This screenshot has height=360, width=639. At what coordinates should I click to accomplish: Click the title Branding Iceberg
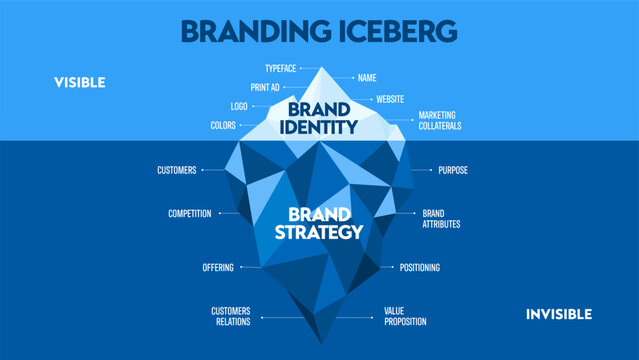pyautogui.click(x=319, y=30)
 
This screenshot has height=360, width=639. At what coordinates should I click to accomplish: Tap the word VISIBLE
pyautogui.click(x=79, y=82)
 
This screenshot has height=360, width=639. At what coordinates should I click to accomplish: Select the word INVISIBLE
pyautogui.click(x=559, y=314)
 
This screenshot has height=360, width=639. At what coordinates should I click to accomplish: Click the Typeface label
pyautogui.click(x=282, y=70)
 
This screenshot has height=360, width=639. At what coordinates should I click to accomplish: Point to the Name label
pyautogui.click(x=367, y=77)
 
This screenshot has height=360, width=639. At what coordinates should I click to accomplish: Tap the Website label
pyautogui.click(x=389, y=99)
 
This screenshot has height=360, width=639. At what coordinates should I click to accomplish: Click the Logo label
pyautogui.click(x=239, y=106)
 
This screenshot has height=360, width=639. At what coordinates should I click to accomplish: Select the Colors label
pyautogui.click(x=224, y=126)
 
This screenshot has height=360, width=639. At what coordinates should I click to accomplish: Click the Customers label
pyautogui.click(x=177, y=170)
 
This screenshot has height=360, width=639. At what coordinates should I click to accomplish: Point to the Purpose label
pyautogui.click(x=453, y=170)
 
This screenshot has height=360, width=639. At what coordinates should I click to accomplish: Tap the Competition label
pyautogui.click(x=188, y=213)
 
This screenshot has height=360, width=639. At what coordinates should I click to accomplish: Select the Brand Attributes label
pyautogui.click(x=441, y=218)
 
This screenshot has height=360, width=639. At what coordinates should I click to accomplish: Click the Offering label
pyautogui.click(x=217, y=268)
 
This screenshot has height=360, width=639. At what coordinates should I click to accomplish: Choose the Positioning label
pyautogui.click(x=419, y=268)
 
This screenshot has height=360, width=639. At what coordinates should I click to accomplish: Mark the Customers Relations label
pyautogui.click(x=231, y=316)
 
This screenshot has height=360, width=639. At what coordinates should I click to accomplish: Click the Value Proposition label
pyautogui.click(x=405, y=316)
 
